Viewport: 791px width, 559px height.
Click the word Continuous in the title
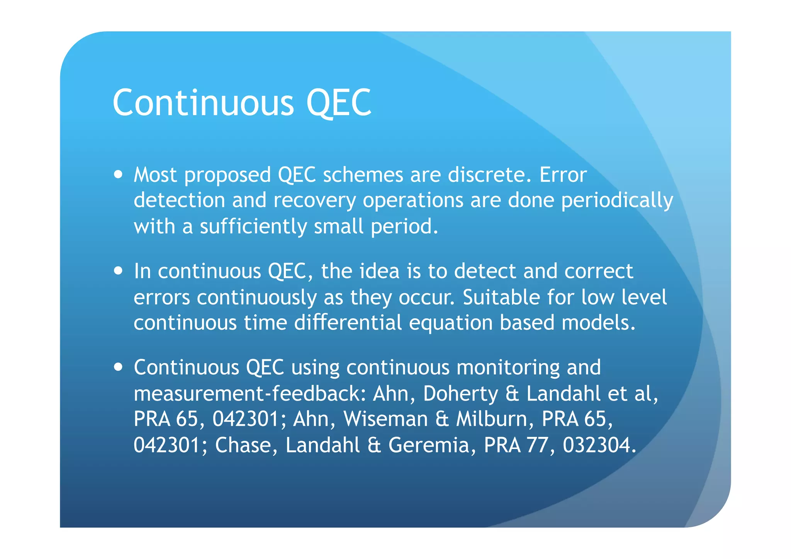(x=203, y=102)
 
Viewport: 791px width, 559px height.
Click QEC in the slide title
(x=339, y=102)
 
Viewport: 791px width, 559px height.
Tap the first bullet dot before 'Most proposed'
(x=119, y=174)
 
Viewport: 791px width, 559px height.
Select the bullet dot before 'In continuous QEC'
(x=119, y=270)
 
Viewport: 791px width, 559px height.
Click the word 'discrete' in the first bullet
(x=487, y=175)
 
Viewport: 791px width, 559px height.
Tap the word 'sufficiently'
(x=253, y=226)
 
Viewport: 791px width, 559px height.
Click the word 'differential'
(x=348, y=323)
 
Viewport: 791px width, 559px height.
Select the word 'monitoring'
(x=508, y=368)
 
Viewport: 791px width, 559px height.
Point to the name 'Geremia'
(x=429, y=445)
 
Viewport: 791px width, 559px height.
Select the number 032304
(x=599, y=445)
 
